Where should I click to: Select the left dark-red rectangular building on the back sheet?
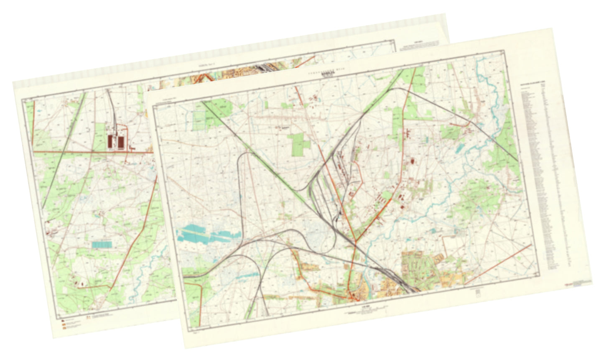coord(111,141)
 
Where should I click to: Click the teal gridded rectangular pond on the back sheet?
coord(102,244)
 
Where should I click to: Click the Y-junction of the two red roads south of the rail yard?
coord(355,242)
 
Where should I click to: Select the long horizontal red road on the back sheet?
coord(92,151)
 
